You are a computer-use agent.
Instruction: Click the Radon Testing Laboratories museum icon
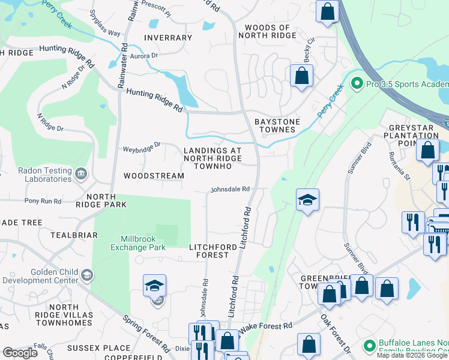pos(82,174)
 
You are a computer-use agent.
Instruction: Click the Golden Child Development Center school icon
pos(87,275)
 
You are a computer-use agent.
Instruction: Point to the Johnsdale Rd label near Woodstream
pos(229,190)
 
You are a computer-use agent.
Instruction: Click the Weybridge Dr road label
pos(142,145)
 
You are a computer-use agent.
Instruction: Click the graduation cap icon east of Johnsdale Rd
pos(307,200)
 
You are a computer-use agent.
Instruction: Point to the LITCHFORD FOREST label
pos(209,251)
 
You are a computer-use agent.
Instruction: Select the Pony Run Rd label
pos(43,201)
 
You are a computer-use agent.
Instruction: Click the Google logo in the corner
pos(20,353)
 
